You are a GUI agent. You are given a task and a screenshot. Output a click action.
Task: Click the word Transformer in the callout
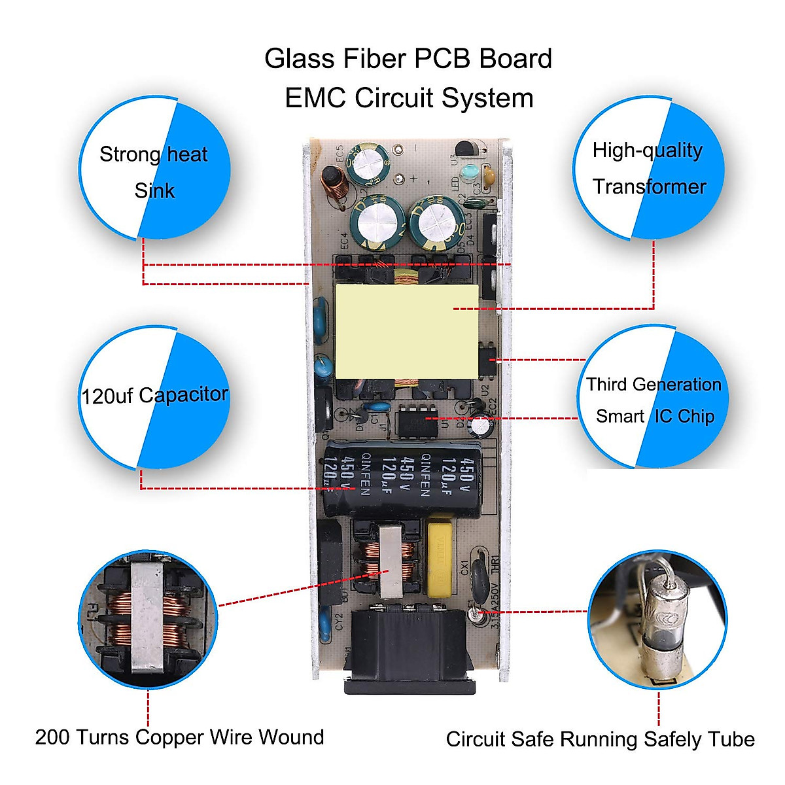coord(649,187)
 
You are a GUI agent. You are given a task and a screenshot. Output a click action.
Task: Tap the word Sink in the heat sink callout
coord(154,191)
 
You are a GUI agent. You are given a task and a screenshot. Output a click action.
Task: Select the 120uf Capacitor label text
coord(154,395)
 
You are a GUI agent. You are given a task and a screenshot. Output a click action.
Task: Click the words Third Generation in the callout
coord(654,385)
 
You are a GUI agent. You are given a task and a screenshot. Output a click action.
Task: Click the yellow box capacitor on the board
coord(440,558)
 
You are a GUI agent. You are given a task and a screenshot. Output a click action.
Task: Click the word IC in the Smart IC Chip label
coord(663,417)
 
